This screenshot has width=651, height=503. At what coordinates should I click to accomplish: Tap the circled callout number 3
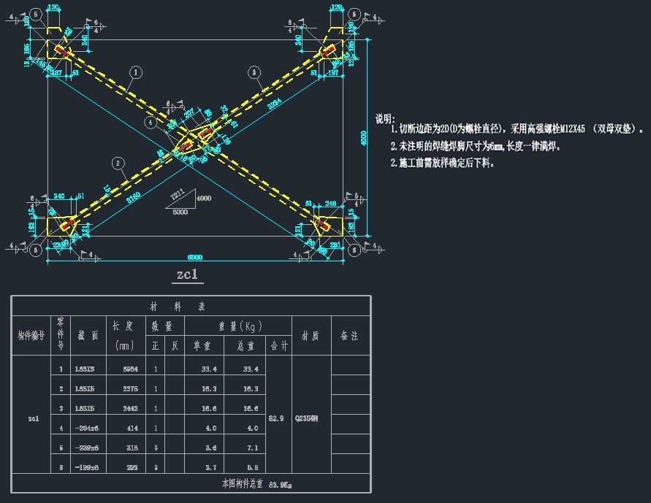(254, 72)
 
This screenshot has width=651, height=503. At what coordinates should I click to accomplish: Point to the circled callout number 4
(151, 123)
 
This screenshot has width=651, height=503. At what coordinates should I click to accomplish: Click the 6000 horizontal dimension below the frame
(194, 257)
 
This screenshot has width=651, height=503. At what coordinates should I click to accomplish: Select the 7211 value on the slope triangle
(176, 196)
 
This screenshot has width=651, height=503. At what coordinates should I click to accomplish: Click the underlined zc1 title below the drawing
(187, 275)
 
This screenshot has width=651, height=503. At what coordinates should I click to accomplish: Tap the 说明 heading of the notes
(385, 119)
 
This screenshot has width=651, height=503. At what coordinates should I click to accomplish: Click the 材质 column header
(311, 336)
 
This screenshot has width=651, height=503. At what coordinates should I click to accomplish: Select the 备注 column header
(350, 336)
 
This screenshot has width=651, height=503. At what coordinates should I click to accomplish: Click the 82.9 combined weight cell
(278, 418)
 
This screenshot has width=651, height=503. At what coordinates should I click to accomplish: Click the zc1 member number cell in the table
(34, 419)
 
